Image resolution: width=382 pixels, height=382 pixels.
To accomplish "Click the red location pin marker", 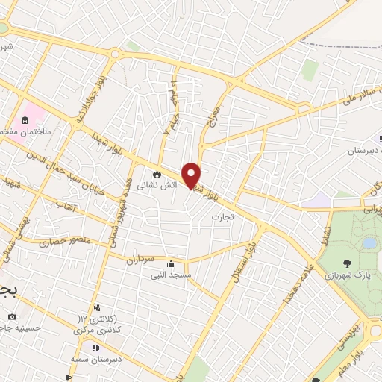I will click(x=192, y=175).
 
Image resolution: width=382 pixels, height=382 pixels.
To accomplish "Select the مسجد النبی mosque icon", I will click(x=172, y=263).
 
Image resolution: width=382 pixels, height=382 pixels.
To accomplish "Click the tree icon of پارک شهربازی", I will click(x=347, y=263).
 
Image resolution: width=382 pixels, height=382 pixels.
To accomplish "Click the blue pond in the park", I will click(x=369, y=243).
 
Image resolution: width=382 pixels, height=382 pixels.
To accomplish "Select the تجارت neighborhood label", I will click(x=242, y=216).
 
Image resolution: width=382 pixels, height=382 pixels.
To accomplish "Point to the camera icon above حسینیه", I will click(x=12, y=317).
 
